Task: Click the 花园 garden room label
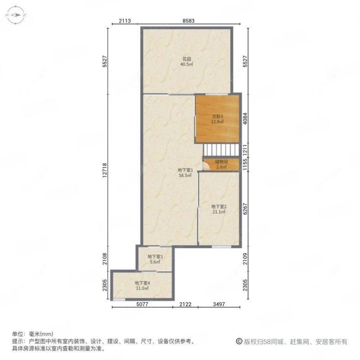(x=187, y=59)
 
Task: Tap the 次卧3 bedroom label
(x=218, y=116)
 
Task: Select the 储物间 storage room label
(x=221, y=162)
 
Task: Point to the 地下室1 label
(x=185, y=170)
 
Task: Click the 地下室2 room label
(x=219, y=207)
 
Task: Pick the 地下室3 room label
(x=155, y=257)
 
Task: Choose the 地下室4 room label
(x=142, y=283)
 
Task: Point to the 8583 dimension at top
(x=192, y=21)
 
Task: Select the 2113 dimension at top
(x=125, y=21)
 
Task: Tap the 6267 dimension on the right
(x=246, y=209)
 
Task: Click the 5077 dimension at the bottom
(x=142, y=304)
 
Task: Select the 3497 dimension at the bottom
(x=220, y=304)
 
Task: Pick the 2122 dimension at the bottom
(x=185, y=304)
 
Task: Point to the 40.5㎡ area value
(x=187, y=64)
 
